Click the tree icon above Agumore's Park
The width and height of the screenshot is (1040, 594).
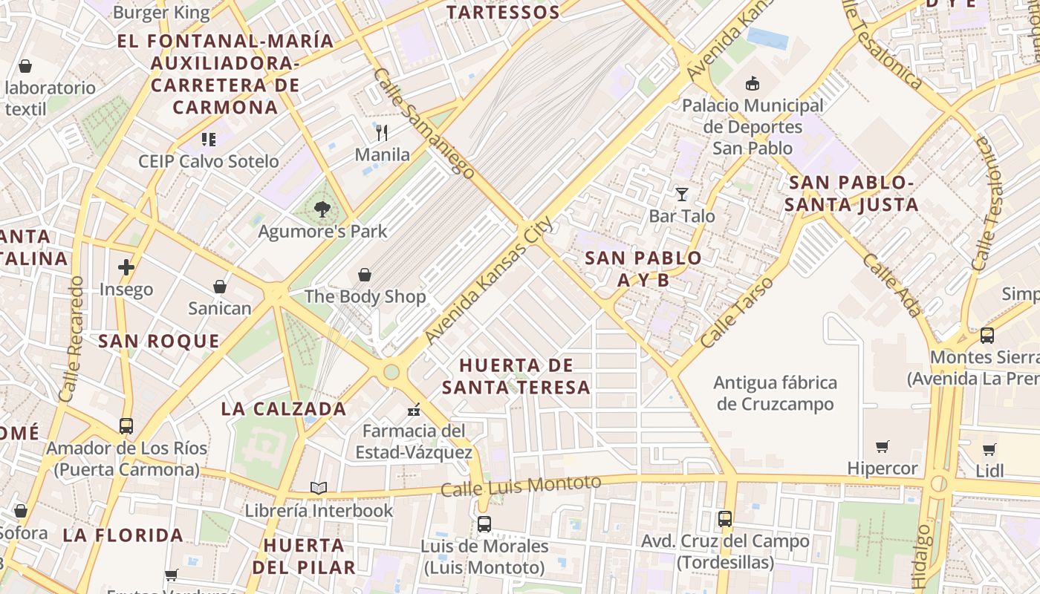click(x=322, y=209)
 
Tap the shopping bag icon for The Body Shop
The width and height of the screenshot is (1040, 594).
click(x=365, y=275)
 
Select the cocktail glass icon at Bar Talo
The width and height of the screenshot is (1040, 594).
click(x=681, y=195)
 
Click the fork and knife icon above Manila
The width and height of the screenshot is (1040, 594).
click(x=382, y=133)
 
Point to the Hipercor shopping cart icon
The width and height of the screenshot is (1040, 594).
click(x=882, y=446)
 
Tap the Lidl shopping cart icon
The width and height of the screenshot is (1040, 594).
click(x=989, y=448)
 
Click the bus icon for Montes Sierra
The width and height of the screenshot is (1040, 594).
click(x=987, y=335)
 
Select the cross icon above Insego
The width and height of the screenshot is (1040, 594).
click(x=126, y=267)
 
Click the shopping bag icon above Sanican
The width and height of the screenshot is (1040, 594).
click(x=219, y=287)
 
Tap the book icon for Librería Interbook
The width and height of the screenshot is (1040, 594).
click(x=319, y=488)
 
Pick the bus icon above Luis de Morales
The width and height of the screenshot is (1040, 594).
click(x=484, y=523)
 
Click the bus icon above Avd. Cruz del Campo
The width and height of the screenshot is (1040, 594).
click(x=724, y=519)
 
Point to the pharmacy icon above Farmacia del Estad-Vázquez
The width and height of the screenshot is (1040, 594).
click(x=414, y=409)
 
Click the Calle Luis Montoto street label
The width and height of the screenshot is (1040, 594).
click(x=520, y=486)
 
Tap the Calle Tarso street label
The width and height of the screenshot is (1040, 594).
click(x=738, y=313)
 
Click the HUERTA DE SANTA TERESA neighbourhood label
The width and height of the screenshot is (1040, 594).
click(x=516, y=376)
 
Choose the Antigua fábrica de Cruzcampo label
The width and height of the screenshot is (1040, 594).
click(x=775, y=394)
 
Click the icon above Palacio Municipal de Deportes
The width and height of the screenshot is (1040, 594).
click(x=753, y=83)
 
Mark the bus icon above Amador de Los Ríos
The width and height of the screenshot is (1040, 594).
click(x=126, y=426)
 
